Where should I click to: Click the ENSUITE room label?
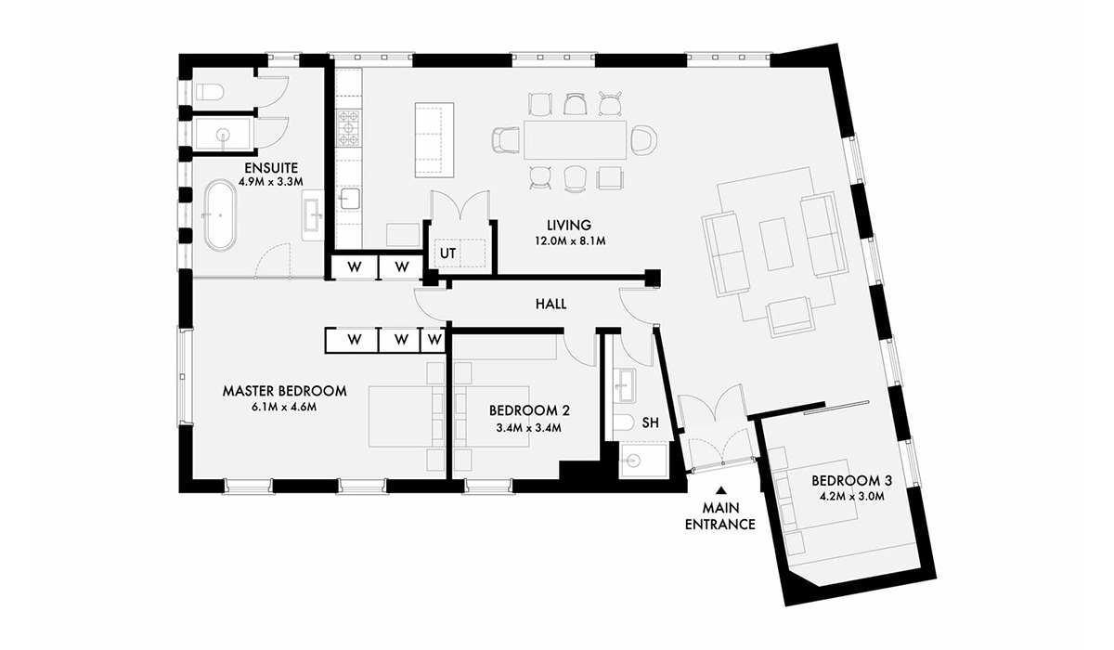pyautogui.click(x=272, y=167)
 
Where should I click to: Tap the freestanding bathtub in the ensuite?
pyautogui.click(x=220, y=215)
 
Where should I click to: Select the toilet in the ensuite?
pyautogui.click(x=210, y=91)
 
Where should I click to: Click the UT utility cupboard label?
pyautogui.click(x=447, y=253)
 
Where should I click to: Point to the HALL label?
pyautogui.click(x=551, y=304)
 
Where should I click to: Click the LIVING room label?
pyautogui.click(x=569, y=225)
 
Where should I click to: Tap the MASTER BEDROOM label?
pyautogui.click(x=284, y=391)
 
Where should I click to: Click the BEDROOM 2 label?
pyautogui.click(x=528, y=409)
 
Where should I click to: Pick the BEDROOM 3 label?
pyautogui.click(x=851, y=481)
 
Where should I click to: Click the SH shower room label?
pyautogui.click(x=651, y=423)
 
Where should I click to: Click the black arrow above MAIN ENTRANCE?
pyautogui.click(x=719, y=493)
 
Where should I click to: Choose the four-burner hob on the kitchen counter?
pyautogui.click(x=347, y=129)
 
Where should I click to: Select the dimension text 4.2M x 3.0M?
pyautogui.click(x=851, y=498)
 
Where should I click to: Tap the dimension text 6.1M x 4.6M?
pyautogui.click(x=284, y=408)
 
